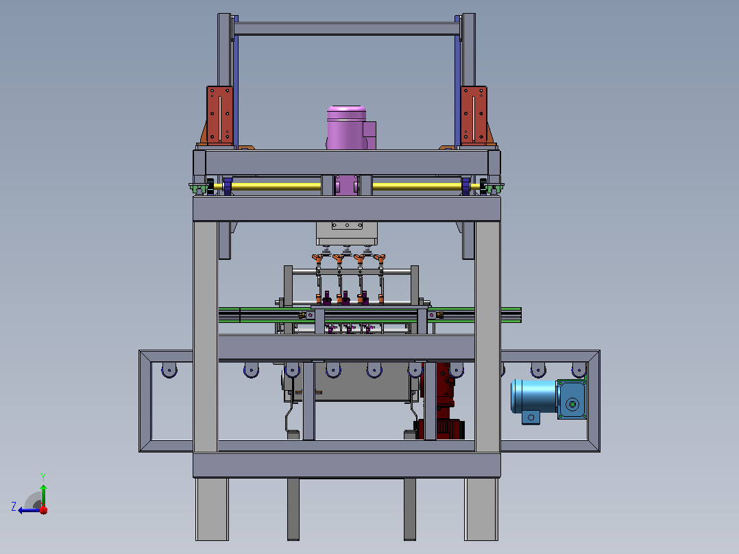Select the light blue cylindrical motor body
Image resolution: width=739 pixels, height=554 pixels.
click(534, 396)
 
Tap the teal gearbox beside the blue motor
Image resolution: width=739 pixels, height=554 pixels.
click(572, 399)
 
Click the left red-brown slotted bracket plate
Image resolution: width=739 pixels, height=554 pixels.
click(219, 115)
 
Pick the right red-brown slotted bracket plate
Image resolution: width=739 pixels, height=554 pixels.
click(474, 115)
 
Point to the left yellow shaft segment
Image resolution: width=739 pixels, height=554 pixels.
click(276, 186)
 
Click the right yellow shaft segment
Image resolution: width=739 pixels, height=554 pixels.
click(417, 186)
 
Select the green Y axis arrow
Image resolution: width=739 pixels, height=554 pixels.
click(43, 495)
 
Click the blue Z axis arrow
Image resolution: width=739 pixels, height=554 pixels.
click(30, 510)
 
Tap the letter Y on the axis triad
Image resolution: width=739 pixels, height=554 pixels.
click(43, 477)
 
